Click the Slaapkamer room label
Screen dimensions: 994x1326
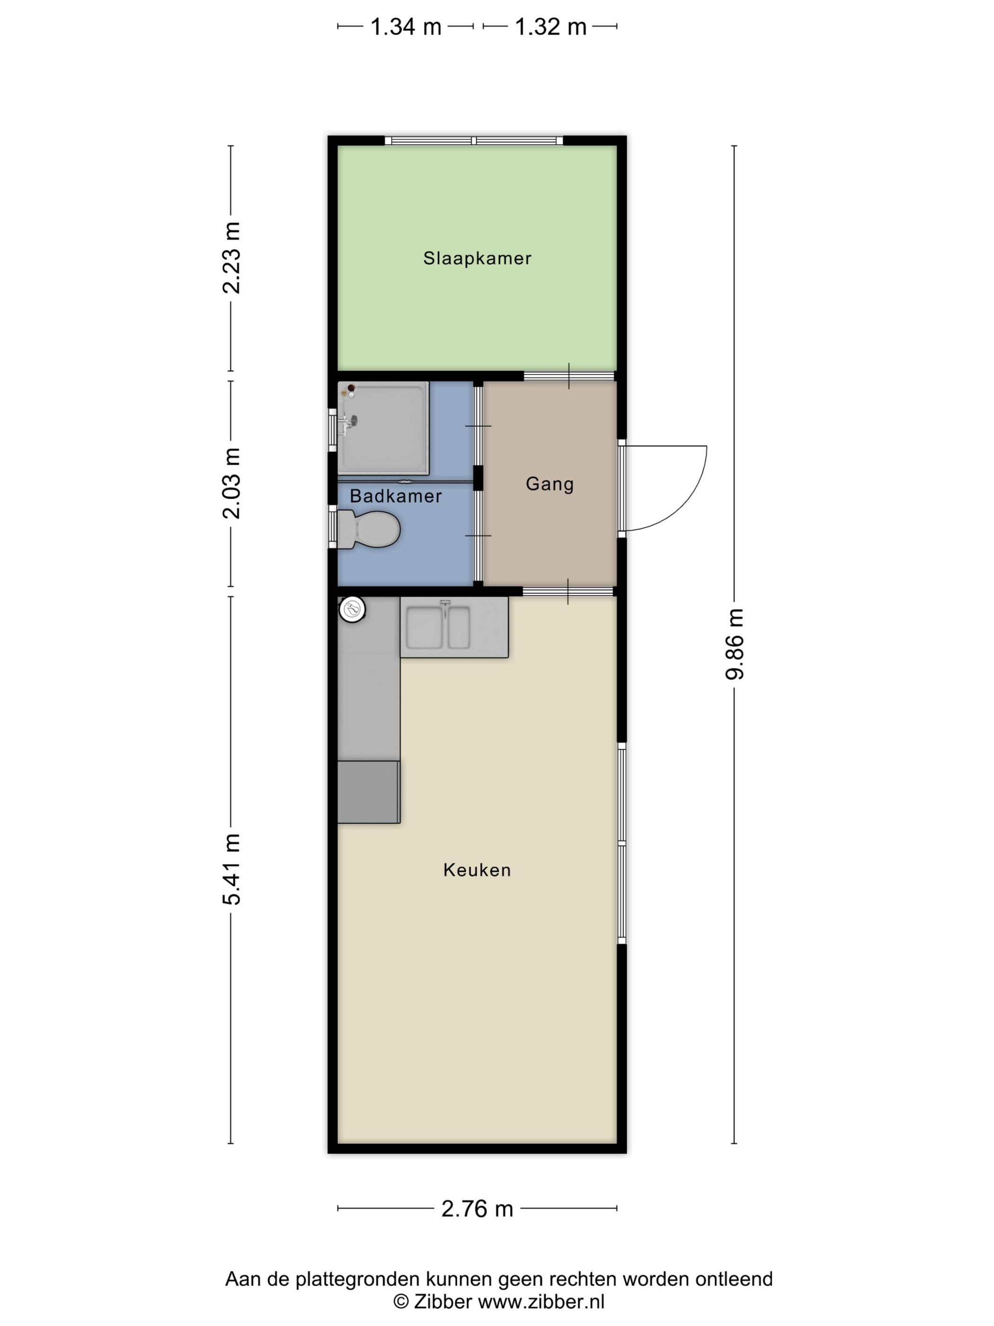tap(477, 259)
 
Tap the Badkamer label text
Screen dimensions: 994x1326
tap(395, 496)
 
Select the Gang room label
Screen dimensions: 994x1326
tap(550, 484)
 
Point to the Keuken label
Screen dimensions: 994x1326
tap(477, 870)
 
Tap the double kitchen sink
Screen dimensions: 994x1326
tap(438, 627)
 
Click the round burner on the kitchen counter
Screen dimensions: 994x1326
tap(352, 609)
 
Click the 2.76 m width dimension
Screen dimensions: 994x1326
tap(477, 1209)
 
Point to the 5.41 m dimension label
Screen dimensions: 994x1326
tap(231, 869)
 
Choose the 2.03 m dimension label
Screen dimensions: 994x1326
tap(231, 483)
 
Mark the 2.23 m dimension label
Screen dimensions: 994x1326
tap(231, 258)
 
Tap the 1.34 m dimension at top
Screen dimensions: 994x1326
tap(406, 27)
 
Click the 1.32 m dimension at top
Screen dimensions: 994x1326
tap(550, 27)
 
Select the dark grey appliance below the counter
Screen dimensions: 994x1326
tap(368, 792)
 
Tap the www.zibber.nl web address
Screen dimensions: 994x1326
tap(541, 1301)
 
